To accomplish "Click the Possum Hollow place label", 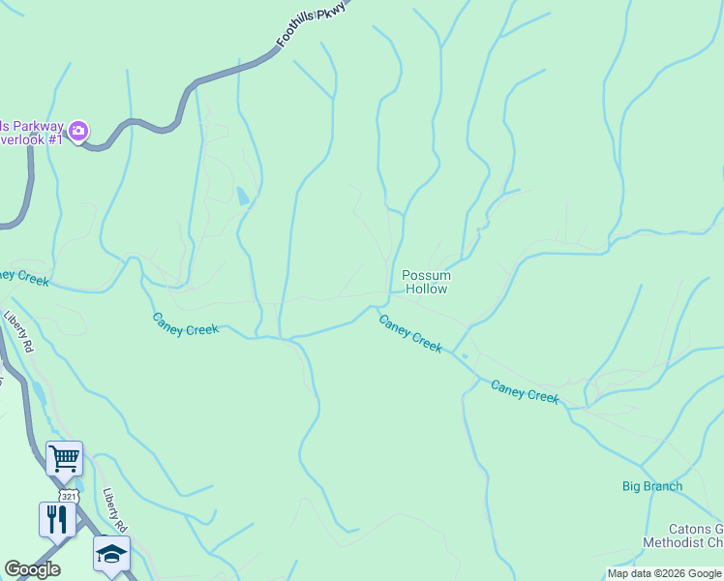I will (426, 282).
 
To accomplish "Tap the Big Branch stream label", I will (651, 486).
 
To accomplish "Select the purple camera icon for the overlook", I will (78, 130).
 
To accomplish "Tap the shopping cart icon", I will (64, 457).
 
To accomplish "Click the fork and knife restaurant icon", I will (57, 518).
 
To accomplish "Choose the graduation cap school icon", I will (111, 553).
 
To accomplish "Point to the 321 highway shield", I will (67, 496).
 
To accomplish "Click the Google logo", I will (32, 569).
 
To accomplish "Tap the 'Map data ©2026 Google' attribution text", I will (664, 573).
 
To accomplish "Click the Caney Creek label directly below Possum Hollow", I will (410, 333).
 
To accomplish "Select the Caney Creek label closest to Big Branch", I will (525, 391).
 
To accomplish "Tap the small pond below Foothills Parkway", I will (241, 196).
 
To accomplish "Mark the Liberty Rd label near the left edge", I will (17, 331).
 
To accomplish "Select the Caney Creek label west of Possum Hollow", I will (186, 323).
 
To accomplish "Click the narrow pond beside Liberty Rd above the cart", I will (38, 392).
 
